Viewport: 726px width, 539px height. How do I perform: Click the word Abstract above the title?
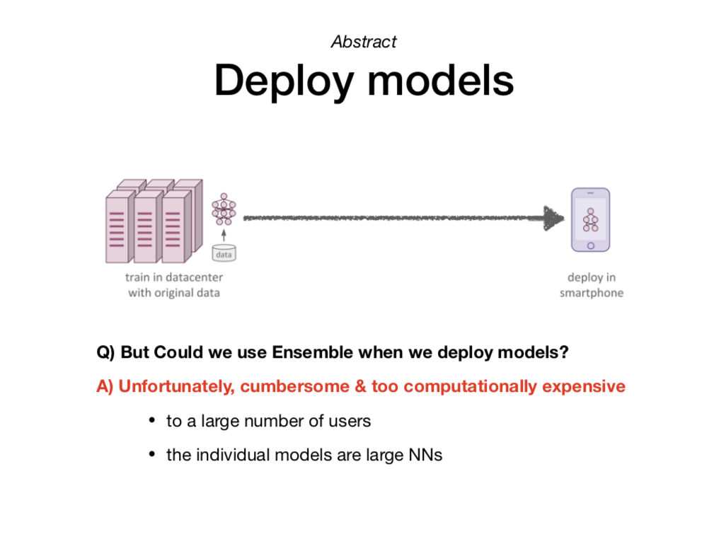[x=364, y=42]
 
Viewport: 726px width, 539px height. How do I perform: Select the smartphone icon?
[x=590, y=219]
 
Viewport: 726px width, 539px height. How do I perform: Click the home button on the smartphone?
[x=590, y=245]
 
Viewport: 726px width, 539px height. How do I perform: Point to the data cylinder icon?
[x=224, y=253]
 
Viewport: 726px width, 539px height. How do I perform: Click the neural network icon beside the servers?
[x=224, y=209]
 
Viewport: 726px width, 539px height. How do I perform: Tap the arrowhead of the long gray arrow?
[x=554, y=218]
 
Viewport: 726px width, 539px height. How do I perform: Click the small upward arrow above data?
[x=224, y=234]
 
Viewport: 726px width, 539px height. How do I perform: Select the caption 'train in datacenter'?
[x=174, y=277]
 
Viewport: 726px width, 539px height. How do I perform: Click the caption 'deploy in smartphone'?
[x=592, y=285]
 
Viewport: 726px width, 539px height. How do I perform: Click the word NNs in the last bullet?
[x=425, y=455]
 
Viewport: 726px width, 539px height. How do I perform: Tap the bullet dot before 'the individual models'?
[x=151, y=455]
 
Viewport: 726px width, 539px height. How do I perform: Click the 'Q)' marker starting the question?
[x=107, y=352]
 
